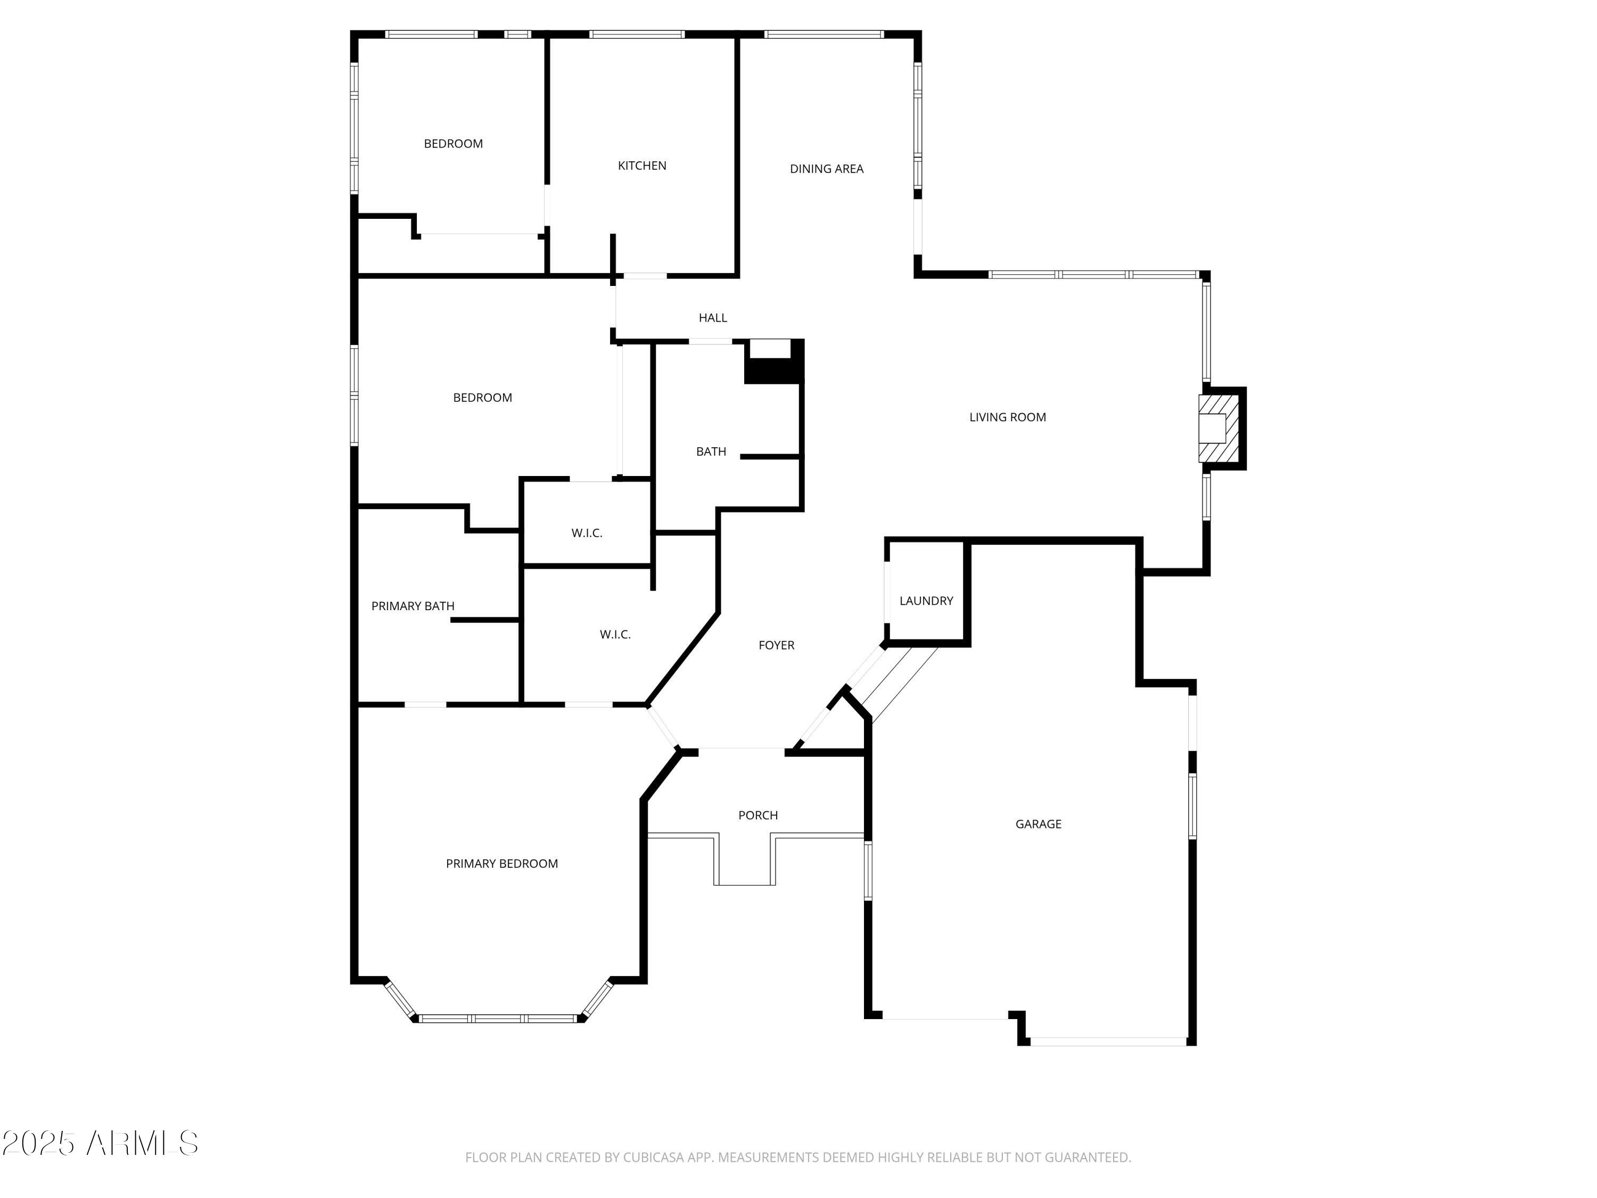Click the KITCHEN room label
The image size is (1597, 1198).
tap(642, 166)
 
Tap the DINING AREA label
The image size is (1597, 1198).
tap(826, 169)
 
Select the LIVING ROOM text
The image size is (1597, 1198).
tap(1007, 417)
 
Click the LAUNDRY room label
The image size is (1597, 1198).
tap(926, 601)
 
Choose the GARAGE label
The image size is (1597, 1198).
tap(1038, 824)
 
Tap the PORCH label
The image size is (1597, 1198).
tap(758, 815)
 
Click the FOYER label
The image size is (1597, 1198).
tap(776, 645)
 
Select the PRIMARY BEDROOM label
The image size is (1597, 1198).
tap(502, 864)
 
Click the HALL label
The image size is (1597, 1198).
tap(713, 318)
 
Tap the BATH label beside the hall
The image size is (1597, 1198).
tap(711, 452)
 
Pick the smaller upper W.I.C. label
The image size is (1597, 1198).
tap(586, 534)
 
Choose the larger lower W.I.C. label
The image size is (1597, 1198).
tap(615, 635)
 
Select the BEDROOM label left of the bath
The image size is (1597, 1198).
tap(482, 398)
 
